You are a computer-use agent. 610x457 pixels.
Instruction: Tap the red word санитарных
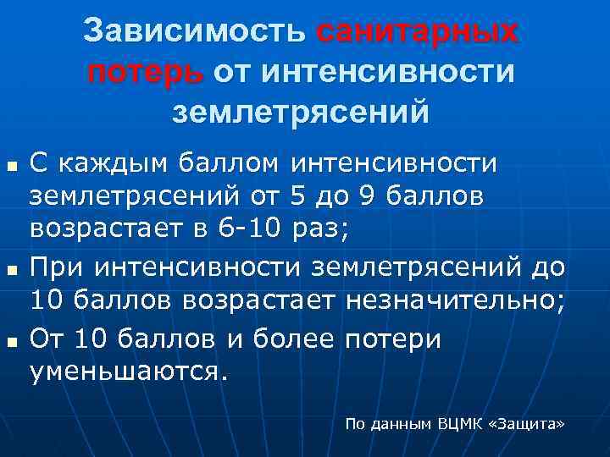[x=416, y=31]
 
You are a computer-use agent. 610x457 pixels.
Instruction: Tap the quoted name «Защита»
[x=527, y=422]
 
